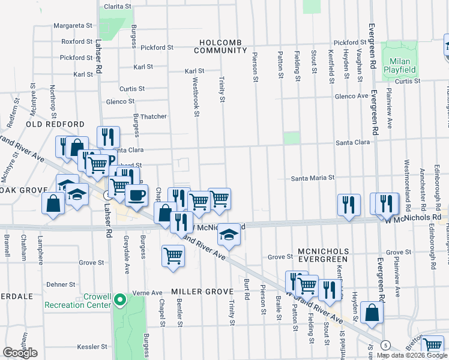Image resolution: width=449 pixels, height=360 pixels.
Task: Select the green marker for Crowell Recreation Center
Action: (120, 299)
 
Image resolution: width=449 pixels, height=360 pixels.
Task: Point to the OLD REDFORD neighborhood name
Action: (55, 124)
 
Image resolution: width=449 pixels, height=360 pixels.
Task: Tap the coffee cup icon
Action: (136, 194)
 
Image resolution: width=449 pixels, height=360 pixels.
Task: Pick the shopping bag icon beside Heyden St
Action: (372, 313)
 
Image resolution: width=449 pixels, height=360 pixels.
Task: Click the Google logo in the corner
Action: (20, 353)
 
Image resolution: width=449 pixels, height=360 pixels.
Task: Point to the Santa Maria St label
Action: (313, 178)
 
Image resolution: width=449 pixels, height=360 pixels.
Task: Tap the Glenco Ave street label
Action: (351, 96)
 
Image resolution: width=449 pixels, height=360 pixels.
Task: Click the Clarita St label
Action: (118, 6)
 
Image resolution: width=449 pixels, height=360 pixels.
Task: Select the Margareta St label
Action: (73, 26)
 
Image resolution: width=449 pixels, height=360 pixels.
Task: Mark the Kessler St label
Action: (92, 347)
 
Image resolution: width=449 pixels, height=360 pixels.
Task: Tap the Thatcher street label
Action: (153, 116)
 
